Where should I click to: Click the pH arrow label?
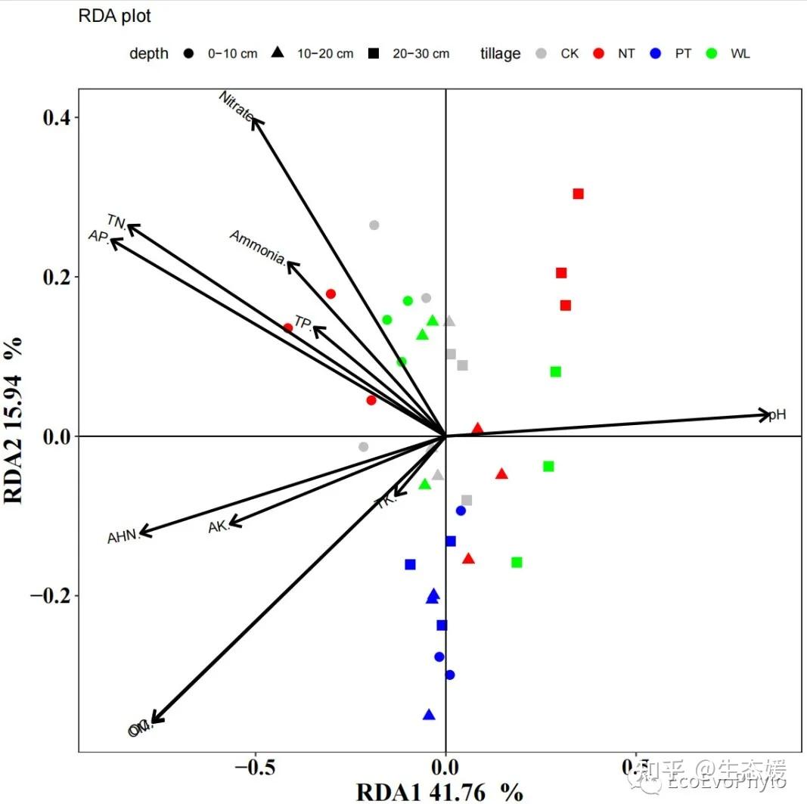point(778,414)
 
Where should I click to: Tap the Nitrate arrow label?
point(236,106)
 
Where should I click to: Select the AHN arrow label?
point(123,537)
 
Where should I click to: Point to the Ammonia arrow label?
point(258,248)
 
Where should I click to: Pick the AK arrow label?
point(219,526)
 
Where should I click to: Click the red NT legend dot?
point(598,54)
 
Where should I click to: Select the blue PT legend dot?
point(656,54)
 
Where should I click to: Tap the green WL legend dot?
point(712,54)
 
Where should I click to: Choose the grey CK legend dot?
point(541,54)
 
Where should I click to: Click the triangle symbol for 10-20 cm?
point(278,54)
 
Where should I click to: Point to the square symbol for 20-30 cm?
point(373,54)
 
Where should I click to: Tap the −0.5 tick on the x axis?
point(255,770)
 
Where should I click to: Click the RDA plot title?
point(115,16)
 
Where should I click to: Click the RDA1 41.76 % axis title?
point(439,792)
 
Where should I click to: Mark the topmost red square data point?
point(579,194)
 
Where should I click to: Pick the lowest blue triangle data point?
point(429,715)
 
